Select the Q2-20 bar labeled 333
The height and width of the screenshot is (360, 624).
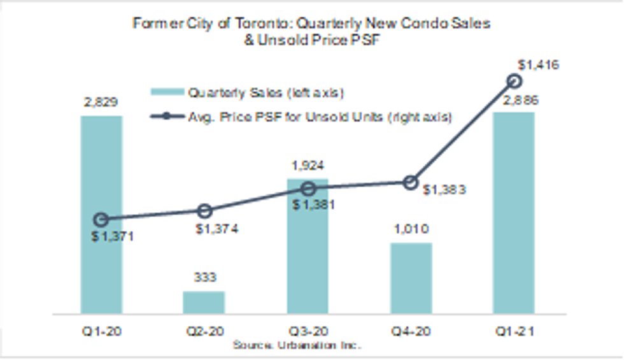[x=204, y=302]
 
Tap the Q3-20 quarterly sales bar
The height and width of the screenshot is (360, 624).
[x=308, y=255]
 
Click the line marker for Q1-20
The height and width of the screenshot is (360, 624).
[x=101, y=220]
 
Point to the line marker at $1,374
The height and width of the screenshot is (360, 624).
[x=204, y=211]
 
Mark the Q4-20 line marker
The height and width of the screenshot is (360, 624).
[x=411, y=183]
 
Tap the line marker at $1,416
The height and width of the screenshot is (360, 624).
[x=514, y=81]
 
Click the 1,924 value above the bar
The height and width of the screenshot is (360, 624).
[x=308, y=166]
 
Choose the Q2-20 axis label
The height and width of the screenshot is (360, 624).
[x=203, y=331]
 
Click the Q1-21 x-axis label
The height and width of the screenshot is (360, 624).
[x=514, y=331]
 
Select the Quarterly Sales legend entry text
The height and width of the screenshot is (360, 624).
[x=266, y=93]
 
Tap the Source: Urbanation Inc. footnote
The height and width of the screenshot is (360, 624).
[x=297, y=345]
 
